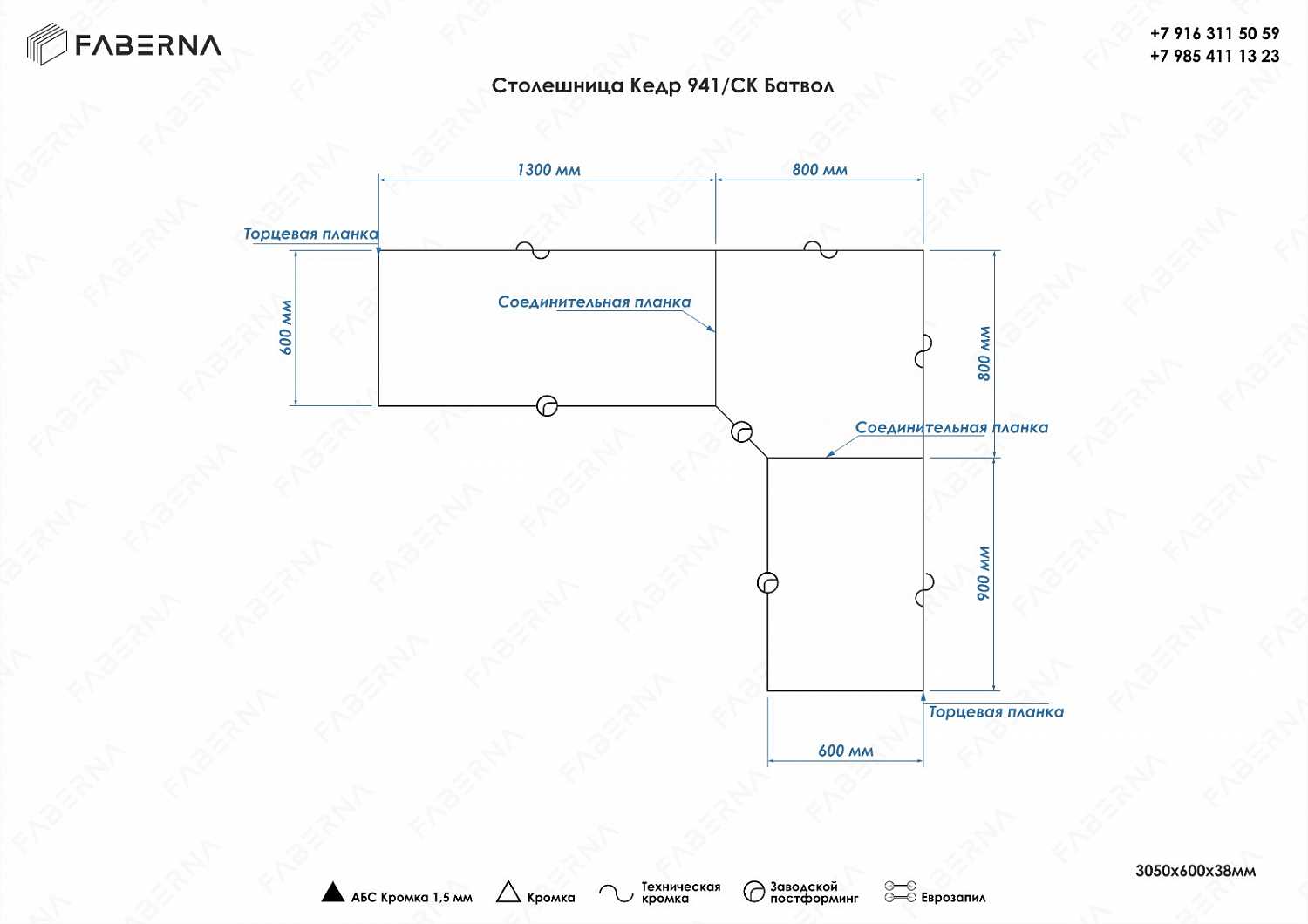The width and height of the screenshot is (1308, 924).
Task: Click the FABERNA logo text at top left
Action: coord(147,45)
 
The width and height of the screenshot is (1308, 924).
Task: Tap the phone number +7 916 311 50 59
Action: coord(1214,34)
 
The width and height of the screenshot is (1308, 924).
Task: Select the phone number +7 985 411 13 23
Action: coord(1214,57)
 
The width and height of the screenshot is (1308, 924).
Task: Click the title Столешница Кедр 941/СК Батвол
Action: coord(663,85)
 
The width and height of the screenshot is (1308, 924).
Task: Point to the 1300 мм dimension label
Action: coord(548,170)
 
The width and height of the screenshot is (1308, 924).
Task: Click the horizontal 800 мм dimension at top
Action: coord(820,170)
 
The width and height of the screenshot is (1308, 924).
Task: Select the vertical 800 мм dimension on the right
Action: coord(984,353)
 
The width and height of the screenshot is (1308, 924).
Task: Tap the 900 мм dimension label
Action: coord(984,574)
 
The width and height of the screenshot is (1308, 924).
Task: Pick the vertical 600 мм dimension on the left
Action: coord(286,328)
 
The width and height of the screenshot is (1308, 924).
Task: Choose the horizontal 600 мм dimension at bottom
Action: coord(845,751)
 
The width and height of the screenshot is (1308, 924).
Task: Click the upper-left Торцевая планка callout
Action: coord(310,234)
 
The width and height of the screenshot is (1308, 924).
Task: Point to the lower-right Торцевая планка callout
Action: coord(996,712)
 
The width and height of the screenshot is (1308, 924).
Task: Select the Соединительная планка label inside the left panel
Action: coord(594,302)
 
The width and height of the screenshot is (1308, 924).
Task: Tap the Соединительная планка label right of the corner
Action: coord(951,427)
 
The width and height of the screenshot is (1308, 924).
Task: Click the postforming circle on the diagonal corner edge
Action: coord(741,431)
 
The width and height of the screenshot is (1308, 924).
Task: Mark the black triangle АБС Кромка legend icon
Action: coord(333,893)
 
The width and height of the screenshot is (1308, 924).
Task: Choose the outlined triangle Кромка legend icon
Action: coord(508,893)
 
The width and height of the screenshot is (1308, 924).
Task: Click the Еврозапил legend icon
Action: coord(900,892)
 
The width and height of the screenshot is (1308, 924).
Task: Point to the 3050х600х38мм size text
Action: coord(1196,870)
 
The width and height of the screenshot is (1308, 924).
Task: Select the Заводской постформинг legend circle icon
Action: coord(753,892)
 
